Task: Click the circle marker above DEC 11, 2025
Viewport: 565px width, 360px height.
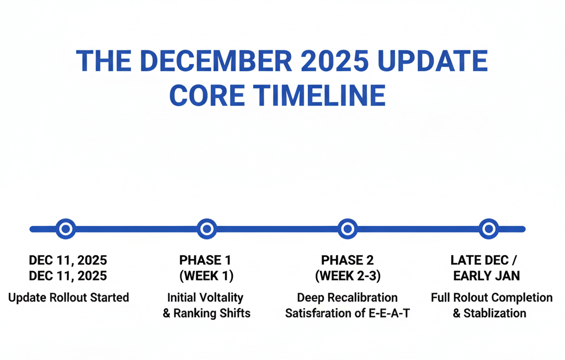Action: tap(66, 229)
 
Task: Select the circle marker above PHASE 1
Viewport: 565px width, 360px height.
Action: tap(206, 229)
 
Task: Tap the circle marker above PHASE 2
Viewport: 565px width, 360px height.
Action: tap(347, 229)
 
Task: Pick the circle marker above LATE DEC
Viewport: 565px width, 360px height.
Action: tap(488, 229)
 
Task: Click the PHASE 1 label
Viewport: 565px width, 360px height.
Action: tap(206, 260)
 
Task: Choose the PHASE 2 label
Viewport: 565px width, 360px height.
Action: tap(347, 260)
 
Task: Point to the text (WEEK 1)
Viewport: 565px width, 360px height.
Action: tap(206, 275)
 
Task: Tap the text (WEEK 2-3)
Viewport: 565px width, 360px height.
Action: tap(347, 275)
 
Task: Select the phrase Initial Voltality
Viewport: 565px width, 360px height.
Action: tap(206, 298)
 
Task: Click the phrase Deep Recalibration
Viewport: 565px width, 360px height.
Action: tap(347, 298)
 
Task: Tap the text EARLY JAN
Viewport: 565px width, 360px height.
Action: tap(487, 275)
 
